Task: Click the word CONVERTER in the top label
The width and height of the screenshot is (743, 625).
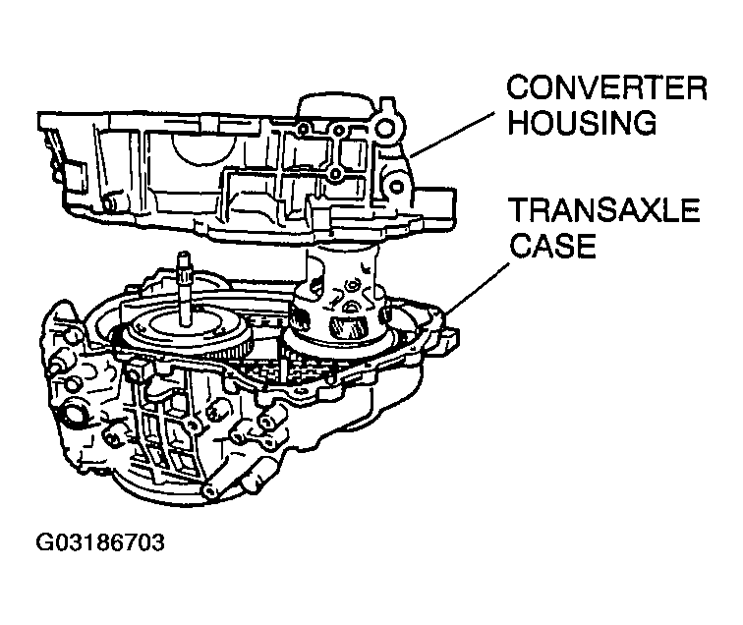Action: pyautogui.click(x=606, y=87)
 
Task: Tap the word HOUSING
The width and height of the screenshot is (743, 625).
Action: pyautogui.click(x=582, y=123)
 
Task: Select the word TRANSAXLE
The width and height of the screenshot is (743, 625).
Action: pyautogui.click(x=604, y=210)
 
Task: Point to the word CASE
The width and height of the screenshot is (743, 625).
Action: pyautogui.click(x=552, y=245)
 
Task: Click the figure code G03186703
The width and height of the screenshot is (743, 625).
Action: pyautogui.click(x=100, y=542)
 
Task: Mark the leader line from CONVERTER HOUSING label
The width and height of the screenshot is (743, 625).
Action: pyautogui.click(x=453, y=135)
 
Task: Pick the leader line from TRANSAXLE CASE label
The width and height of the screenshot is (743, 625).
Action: pyautogui.click(x=477, y=288)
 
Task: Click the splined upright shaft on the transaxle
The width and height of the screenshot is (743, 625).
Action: pyautogui.click(x=183, y=288)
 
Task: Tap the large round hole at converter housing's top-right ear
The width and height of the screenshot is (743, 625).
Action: pyautogui.click(x=385, y=128)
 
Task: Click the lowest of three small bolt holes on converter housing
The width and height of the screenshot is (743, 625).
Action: pyautogui.click(x=336, y=174)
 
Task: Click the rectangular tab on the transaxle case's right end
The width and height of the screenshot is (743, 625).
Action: pyautogui.click(x=449, y=339)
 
